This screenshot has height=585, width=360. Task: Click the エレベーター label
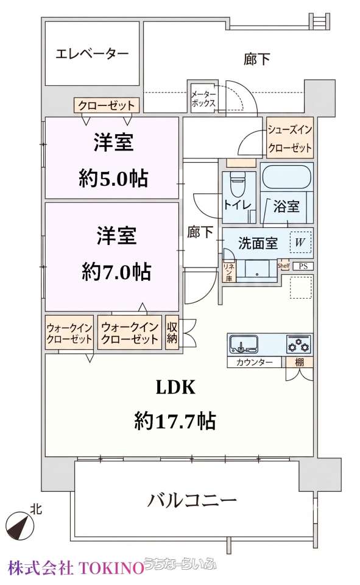92,54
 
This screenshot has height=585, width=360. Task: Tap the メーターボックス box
203,97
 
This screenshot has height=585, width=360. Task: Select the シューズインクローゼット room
290,138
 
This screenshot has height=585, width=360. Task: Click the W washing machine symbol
300,243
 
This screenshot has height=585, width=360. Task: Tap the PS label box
303,266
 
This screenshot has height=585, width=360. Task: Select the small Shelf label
283,266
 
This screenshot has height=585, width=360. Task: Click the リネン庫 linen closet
228,271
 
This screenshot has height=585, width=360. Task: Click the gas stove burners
299,344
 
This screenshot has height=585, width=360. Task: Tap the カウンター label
255,362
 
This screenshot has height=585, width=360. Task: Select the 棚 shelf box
299,362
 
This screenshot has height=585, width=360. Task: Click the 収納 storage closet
172,333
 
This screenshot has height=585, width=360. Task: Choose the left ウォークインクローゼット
69,333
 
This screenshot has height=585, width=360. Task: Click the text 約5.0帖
113,179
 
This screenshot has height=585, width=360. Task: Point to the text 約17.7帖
175,421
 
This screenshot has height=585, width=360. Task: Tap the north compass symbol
19,526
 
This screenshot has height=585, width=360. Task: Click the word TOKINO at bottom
110,569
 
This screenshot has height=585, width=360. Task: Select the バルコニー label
192,500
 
